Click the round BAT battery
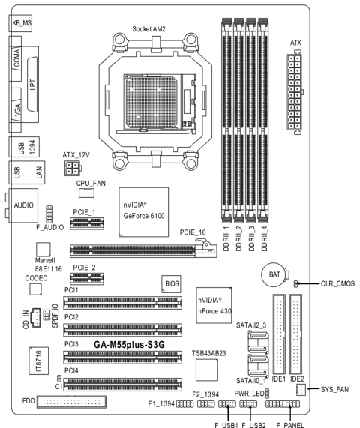coord(274,274)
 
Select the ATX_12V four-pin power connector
coord(73,168)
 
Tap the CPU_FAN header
coord(86,193)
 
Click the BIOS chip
coord(171,283)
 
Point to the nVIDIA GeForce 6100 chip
coord(144,212)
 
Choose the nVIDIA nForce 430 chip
coord(214,305)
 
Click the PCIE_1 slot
coord(87,223)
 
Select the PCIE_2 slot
coord(87,278)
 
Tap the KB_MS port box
coord(20,23)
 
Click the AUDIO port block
coord(23,205)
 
